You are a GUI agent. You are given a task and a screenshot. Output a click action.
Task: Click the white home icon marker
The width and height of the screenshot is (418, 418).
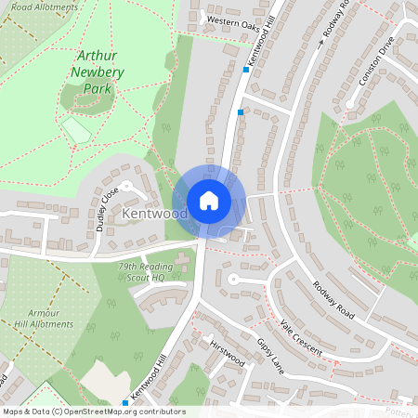pyautogui.click(x=208, y=200)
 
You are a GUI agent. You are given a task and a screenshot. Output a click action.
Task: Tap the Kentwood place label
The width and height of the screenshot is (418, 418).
pyautogui.click(x=154, y=215)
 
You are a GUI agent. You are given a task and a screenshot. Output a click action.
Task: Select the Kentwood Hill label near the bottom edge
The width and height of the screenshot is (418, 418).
pyautogui.click(x=149, y=378)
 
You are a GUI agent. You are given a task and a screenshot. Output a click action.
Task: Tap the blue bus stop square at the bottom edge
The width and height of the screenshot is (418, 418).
pyautogui.click(x=124, y=402)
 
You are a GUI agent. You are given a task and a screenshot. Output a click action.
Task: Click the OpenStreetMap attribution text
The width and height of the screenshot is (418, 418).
pyautogui.click(x=94, y=411)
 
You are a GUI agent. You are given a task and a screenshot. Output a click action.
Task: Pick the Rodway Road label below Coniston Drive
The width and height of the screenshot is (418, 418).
pyautogui.click(x=333, y=298)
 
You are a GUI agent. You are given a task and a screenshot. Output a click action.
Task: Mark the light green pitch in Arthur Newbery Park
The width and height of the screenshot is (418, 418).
pyautogui.click(x=75, y=129)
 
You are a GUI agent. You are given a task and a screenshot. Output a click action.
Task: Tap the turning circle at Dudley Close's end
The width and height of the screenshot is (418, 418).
pyautogui.click(x=127, y=189)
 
